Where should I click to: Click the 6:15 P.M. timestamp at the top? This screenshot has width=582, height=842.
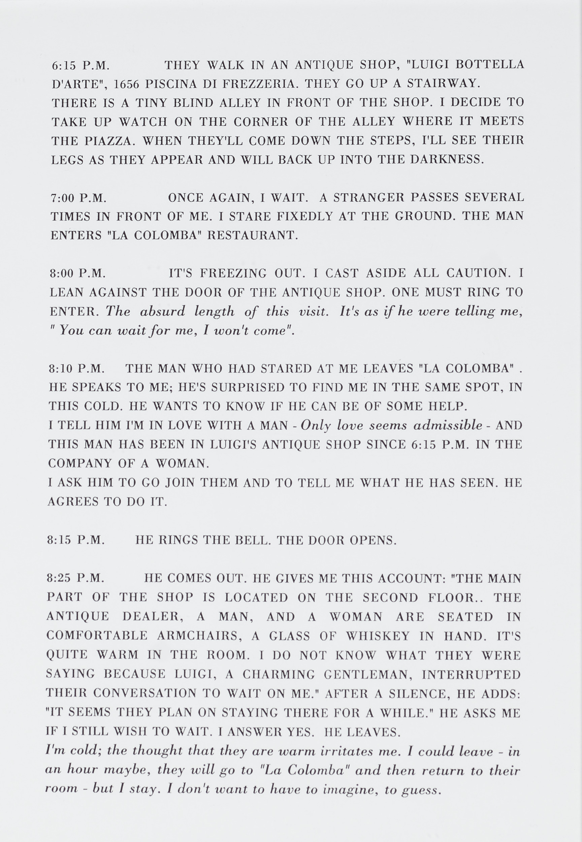point(80,66)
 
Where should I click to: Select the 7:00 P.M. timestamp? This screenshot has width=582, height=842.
point(78,198)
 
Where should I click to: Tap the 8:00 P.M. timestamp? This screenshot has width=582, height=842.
point(78,273)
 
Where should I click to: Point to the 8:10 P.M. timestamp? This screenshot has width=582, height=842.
point(77,369)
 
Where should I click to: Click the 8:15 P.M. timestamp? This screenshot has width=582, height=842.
point(76,540)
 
